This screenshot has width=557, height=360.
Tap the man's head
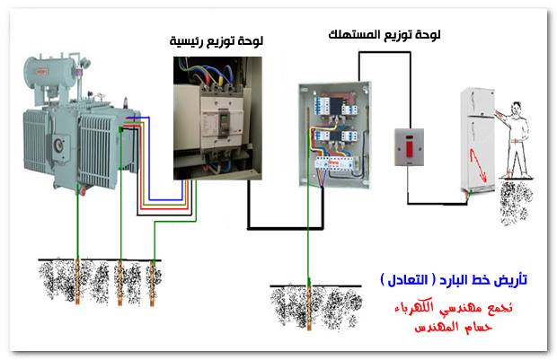pyautogui.click(x=517, y=109)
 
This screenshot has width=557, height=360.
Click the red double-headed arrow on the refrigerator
pyautogui.click(x=478, y=164)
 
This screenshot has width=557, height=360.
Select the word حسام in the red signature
pyautogui.click(x=477, y=327)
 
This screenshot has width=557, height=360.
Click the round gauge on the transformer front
pyautogui.click(x=58, y=145)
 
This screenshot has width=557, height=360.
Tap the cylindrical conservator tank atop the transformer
pyautogui.click(x=50, y=72)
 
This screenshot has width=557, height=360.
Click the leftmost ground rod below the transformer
pyautogui.click(x=77, y=282)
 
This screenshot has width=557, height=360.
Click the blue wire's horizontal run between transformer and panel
pyautogui.click(x=165, y=199)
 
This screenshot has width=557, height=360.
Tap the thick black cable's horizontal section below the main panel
pyautogui.click(x=286, y=227)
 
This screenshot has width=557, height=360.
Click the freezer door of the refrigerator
pyautogui.click(x=478, y=102)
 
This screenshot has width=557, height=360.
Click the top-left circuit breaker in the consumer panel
pyautogui.click(x=322, y=105)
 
